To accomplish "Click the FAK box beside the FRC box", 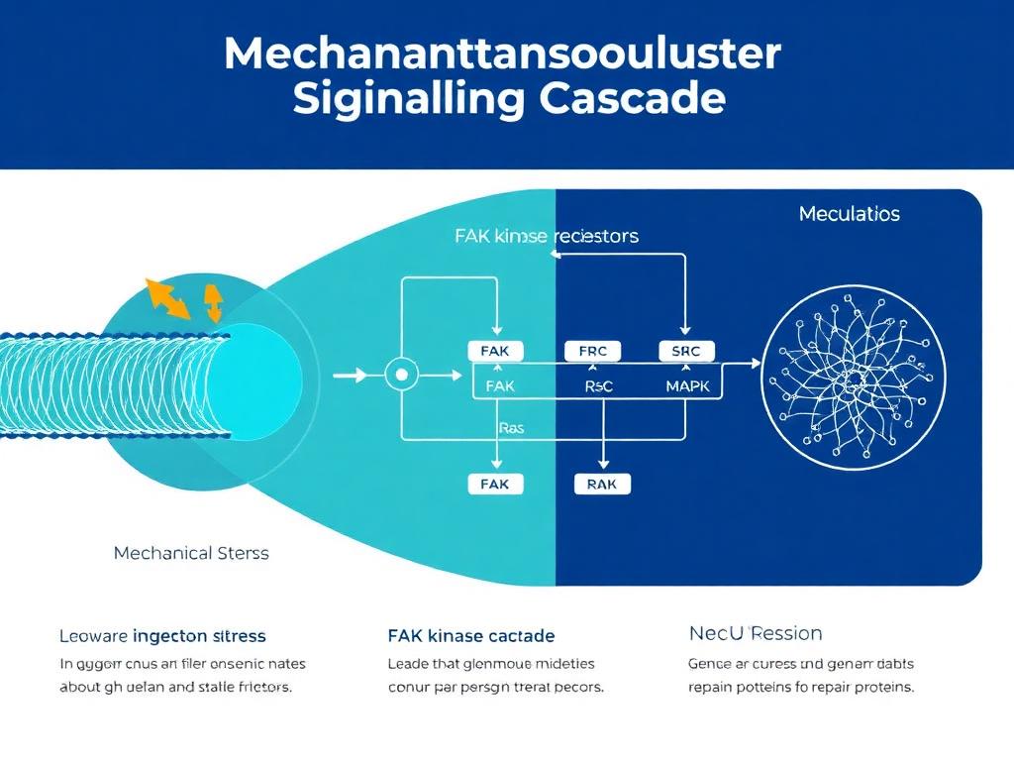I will click(x=495, y=351).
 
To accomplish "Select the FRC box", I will click(x=592, y=351).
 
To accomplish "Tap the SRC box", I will click(x=685, y=351).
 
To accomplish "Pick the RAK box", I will click(x=602, y=484).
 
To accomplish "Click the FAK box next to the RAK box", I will click(x=494, y=484).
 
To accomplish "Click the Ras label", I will click(x=511, y=428).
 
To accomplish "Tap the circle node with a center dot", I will click(x=401, y=376).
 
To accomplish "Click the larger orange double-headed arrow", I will click(x=167, y=298).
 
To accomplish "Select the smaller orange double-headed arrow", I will click(x=213, y=299).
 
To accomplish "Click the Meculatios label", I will click(x=848, y=214).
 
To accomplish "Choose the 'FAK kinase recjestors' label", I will click(x=546, y=236).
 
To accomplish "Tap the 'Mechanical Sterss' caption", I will click(x=191, y=553).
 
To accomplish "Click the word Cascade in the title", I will click(x=632, y=100).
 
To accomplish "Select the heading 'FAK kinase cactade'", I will click(x=471, y=635).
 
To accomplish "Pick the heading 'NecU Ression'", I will click(x=755, y=633).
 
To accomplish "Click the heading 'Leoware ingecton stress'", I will click(x=162, y=635).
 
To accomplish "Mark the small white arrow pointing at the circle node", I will click(x=352, y=376).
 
